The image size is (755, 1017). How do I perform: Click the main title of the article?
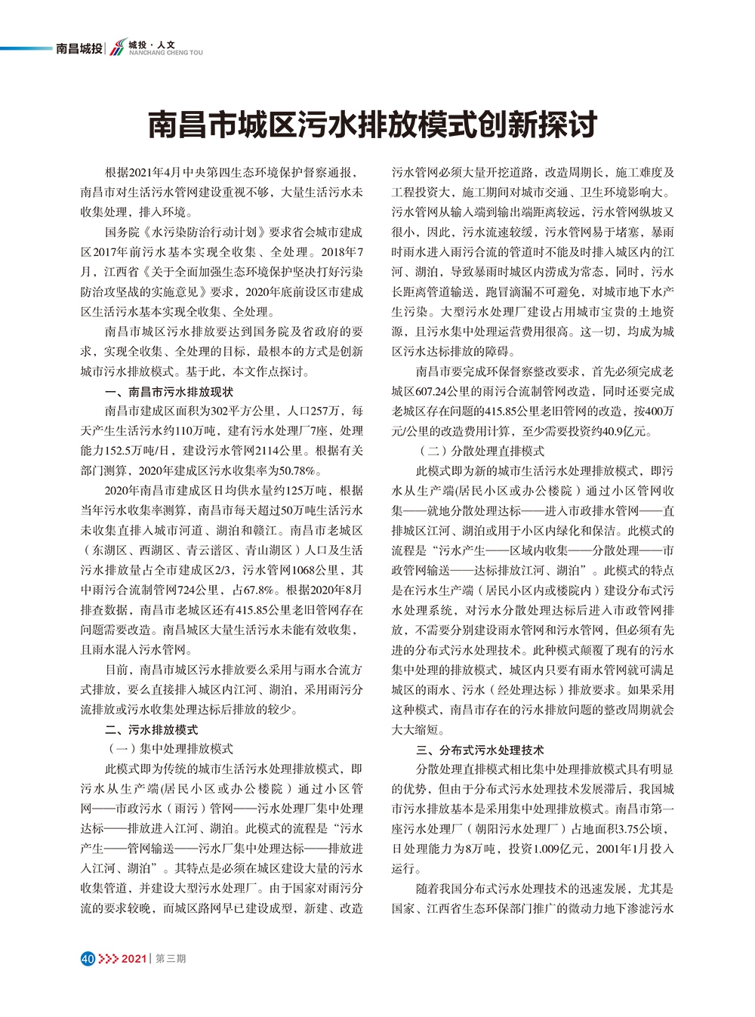(372, 125)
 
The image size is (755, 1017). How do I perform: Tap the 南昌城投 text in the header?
(79, 49)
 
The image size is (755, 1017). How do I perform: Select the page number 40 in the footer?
(88, 959)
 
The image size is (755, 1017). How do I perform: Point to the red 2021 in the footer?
(134, 959)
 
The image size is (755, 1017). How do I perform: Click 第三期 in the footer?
(171, 959)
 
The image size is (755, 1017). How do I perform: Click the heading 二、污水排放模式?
(151, 729)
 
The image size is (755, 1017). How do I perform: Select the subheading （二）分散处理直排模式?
(480, 451)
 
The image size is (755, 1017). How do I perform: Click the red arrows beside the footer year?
(109, 959)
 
